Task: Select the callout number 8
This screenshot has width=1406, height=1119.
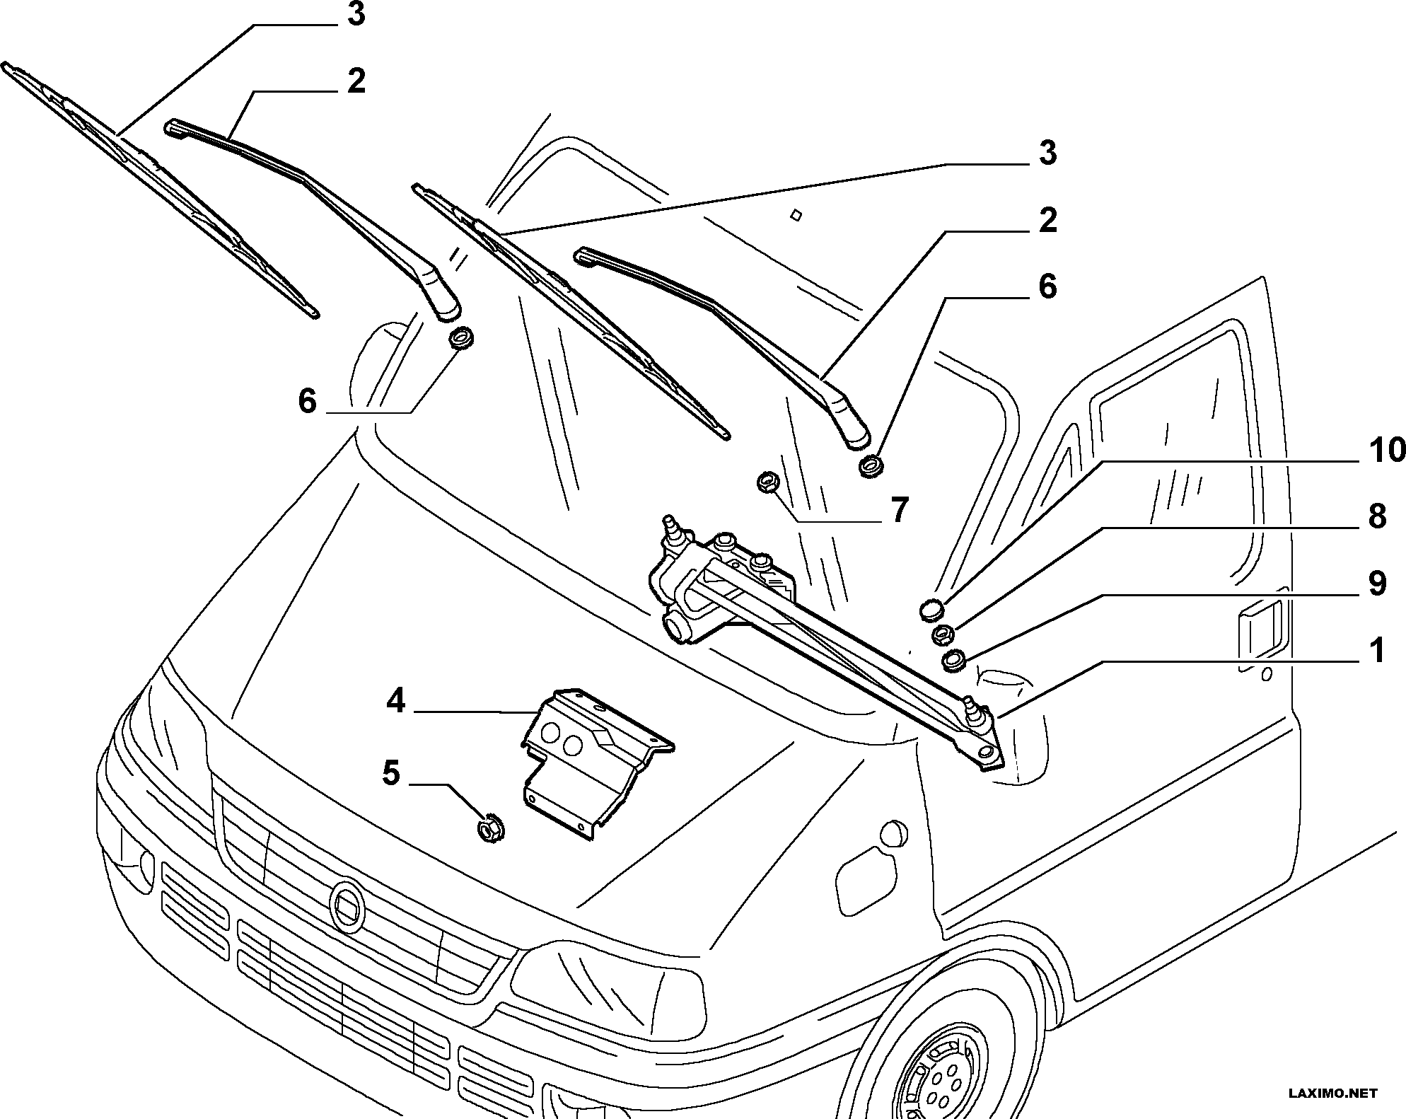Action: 1376,517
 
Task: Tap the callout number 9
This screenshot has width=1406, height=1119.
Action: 1376,584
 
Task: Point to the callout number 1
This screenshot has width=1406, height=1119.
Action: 1376,651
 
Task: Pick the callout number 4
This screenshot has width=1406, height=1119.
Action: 395,702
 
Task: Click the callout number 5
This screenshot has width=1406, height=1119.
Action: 391,773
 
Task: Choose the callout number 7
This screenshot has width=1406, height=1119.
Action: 898,509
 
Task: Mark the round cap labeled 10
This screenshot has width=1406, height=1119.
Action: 933,608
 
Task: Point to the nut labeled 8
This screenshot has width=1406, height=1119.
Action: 943,634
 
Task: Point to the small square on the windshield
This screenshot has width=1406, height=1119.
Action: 796,214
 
